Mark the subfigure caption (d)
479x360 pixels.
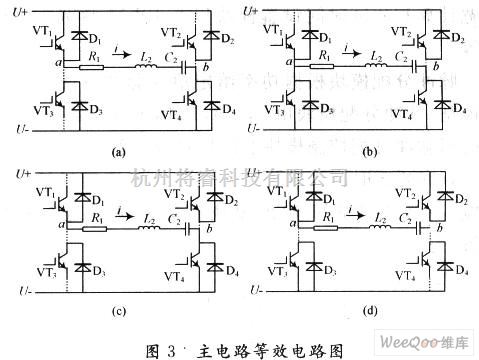tap(367, 311)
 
